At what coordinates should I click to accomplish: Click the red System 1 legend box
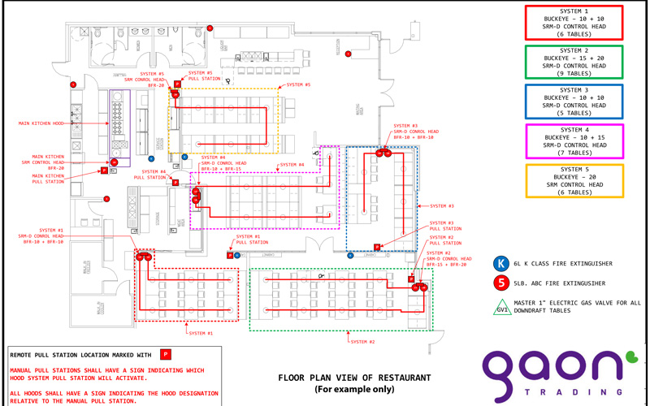[574, 22]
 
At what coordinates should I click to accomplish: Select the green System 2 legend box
[574, 61]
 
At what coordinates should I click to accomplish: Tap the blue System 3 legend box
[574, 101]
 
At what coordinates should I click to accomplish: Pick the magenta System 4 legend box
[574, 140]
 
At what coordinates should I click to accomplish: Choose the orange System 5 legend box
[574, 180]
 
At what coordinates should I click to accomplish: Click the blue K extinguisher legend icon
[501, 263]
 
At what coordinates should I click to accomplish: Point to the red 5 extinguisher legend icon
[501, 283]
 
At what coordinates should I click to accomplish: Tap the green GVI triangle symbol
[501, 306]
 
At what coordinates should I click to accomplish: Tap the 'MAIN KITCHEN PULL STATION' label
[49, 179]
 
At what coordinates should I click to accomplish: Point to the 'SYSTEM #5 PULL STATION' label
[200, 76]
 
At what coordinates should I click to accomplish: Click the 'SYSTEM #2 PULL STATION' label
[445, 240]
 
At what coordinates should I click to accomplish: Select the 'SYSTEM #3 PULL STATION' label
[445, 226]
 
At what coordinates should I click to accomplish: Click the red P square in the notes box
[166, 354]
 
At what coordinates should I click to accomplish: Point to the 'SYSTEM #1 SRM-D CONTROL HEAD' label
[43, 235]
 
